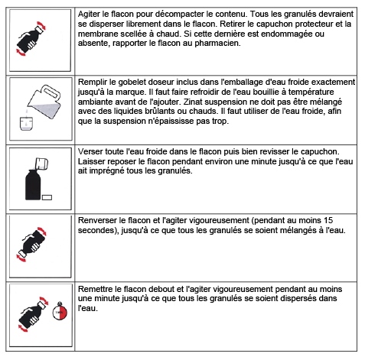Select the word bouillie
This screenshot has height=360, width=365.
(272, 92)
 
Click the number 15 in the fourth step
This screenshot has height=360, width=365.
(328, 220)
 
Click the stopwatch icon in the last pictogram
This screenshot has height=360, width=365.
(60, 312)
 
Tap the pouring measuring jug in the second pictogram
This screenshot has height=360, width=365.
(44, 102)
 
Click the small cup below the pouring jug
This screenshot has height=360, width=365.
(27, 124)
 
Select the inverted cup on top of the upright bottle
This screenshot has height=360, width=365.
(41, 164)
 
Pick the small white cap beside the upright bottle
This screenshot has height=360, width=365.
(47, 197)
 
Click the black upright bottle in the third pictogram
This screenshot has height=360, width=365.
(33, 185)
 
